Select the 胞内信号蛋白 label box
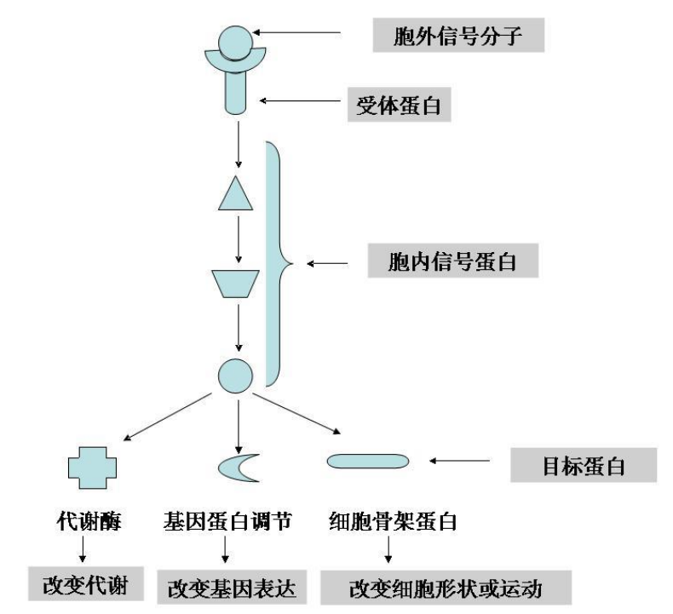tap(452, 261)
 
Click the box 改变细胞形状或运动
tap(446, 588)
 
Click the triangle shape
tap(237, 195)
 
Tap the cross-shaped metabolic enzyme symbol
tap(92, 465)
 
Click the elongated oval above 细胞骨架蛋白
tap(368, 461)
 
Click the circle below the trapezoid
tap(236, 375)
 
